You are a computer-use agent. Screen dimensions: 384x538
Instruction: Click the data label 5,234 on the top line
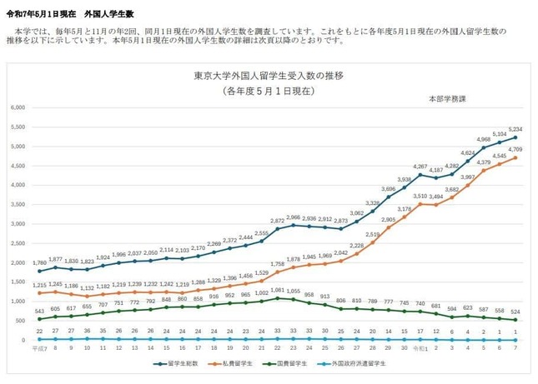point(515,129)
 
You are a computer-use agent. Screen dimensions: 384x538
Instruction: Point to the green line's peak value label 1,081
point(277,290)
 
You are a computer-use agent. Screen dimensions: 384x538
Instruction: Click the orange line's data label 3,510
point(420,196)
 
